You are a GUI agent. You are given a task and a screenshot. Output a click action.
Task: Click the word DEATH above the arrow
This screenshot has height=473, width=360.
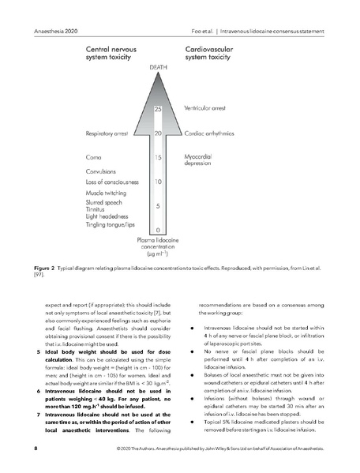pos(158,69)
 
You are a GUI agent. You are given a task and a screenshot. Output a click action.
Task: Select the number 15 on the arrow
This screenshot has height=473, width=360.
pos(158,158)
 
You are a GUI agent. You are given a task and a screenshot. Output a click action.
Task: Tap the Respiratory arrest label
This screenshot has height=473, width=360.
pos(117,133)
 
